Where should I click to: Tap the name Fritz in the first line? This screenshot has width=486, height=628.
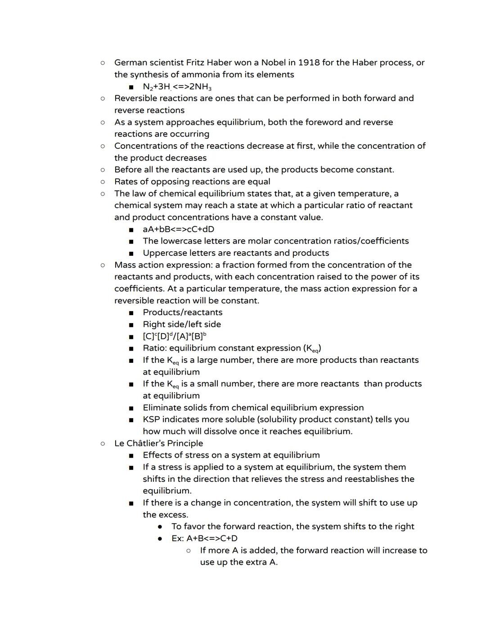point(195,62)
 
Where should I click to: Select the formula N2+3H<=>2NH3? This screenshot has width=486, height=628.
point(177,87)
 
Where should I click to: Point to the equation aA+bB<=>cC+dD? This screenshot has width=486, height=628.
point(178,229)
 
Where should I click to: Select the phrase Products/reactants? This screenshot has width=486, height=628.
point(182,312)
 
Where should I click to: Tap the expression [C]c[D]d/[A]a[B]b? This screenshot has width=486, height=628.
point(175,336)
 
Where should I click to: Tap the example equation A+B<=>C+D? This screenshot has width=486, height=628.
point(212,539)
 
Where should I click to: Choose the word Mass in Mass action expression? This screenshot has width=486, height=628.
point(125,265)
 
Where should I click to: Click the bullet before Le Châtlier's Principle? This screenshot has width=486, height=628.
point(103,443)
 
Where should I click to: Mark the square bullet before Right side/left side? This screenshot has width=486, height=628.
point(131,325)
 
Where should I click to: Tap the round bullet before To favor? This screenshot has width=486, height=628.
point(160,526)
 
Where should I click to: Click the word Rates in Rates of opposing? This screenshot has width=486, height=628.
point(126,182)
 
